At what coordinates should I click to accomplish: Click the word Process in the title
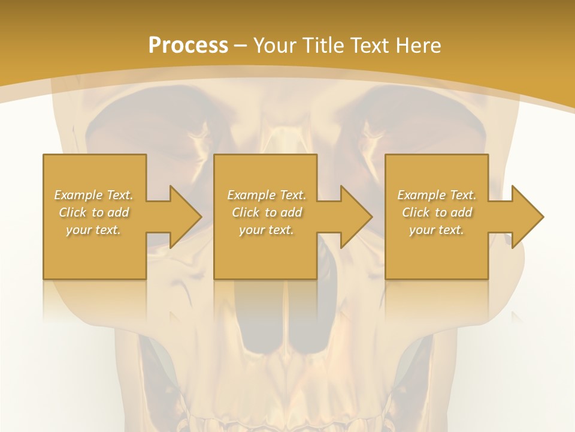(x=188, y=46)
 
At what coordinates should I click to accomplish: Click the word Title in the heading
(x=321, y=46)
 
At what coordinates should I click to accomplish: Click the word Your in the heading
(x=275, y=46)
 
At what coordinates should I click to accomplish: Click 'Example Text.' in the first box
(x=94, y=195)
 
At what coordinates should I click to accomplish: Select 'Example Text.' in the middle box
(x=267, y=195)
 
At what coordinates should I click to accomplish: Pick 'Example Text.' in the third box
(x=437, y=195)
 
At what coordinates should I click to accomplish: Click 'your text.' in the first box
(x=94, y=230)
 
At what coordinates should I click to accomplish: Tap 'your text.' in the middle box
(x=267, y=230)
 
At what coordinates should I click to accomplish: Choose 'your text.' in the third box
(x=437, y=230)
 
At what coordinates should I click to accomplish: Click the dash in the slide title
(x=241, y=46)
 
